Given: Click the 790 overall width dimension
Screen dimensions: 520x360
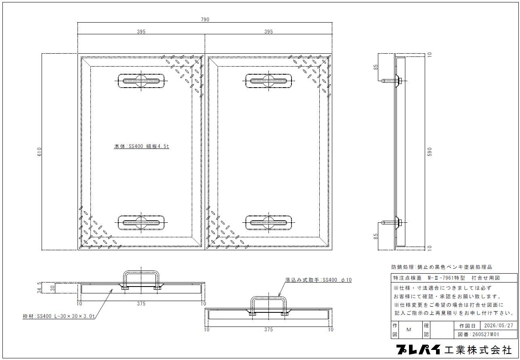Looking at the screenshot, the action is click(x=205, y=19).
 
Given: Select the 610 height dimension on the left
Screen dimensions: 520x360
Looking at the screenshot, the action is click(x=40, y=152).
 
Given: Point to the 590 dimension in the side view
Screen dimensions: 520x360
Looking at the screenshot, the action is click(x=430, y=152).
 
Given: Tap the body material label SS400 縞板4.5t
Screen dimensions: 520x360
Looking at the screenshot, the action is click(x=141, y=146).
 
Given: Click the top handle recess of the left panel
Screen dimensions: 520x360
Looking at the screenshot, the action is click(x=141, y=81).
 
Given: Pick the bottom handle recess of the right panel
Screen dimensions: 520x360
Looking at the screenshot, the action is click(x=268, y=223).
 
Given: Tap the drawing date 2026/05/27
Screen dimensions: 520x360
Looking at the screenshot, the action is click(x=499, y=325).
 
